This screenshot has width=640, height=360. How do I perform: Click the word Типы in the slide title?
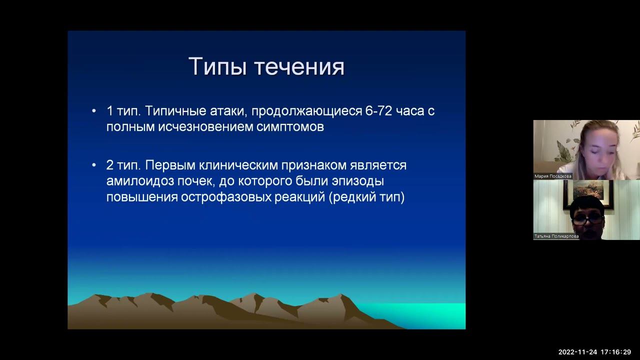(217, 66)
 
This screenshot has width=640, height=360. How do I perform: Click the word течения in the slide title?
(299, 67)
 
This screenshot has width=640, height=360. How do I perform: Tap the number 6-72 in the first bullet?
(378, 111)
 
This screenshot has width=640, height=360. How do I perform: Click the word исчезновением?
(205, 127)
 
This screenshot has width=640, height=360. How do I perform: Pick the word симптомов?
(290, 127)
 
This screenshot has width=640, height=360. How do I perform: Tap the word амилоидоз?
(140, 181)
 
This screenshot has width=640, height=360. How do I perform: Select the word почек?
(196, 181)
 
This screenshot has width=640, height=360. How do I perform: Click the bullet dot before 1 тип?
(94, 111)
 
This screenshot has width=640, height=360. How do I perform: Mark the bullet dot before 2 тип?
(94, 165)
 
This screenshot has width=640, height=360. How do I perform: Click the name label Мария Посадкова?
(552, 176)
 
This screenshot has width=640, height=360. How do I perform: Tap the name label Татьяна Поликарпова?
(556, 236)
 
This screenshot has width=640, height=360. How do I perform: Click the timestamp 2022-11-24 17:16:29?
(594, 352)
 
